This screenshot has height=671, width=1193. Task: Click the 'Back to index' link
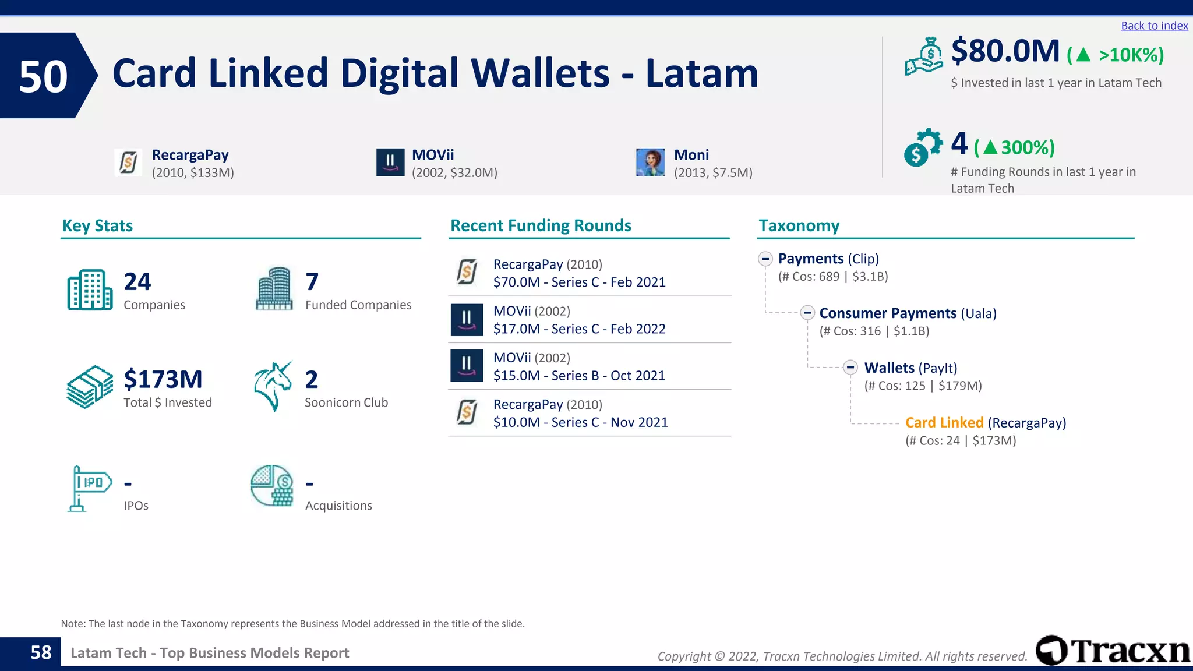click(1154, 26)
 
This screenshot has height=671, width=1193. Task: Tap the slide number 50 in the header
click(43, 76)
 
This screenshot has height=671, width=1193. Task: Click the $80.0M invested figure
click(1005, 51)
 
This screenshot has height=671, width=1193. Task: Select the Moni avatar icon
click(650, 163)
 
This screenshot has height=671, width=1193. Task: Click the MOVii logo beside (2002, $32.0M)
click(390, 163)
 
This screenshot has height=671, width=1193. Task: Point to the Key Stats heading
click(97, 226)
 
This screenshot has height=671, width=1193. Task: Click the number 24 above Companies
click(137, 282)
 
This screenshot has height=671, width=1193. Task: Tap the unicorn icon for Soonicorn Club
click(273, 386)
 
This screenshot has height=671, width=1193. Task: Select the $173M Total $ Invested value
click(163, 380)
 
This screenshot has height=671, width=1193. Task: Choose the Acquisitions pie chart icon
click(272, 486)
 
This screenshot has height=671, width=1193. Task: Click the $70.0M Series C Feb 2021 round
click(579, 282)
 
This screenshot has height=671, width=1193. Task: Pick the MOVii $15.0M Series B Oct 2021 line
click(579, 376)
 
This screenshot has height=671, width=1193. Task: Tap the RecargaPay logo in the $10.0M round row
click(467, 412)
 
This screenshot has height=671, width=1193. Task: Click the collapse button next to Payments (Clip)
click(765, 259)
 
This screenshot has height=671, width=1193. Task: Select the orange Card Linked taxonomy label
click(944, 423)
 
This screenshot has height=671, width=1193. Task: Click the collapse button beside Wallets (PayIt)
click(850, 368)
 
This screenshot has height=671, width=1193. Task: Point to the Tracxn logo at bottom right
click(1113, 651)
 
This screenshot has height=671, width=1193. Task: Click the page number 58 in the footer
click(41, 653)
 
